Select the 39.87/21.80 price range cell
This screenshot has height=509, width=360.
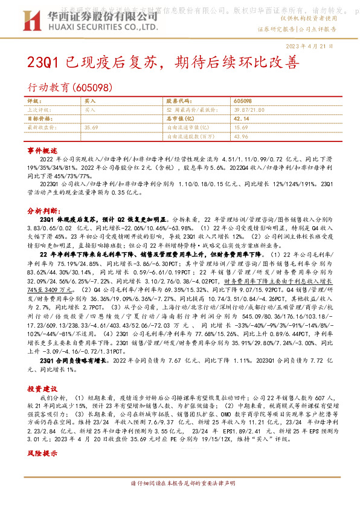click(251, 110)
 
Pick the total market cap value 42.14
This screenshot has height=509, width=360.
click(242, 119)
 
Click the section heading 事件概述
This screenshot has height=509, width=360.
click(42, 149)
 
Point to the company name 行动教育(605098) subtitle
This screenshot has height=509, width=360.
click(71, 87)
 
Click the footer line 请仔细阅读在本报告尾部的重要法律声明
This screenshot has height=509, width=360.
click(182, 501)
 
